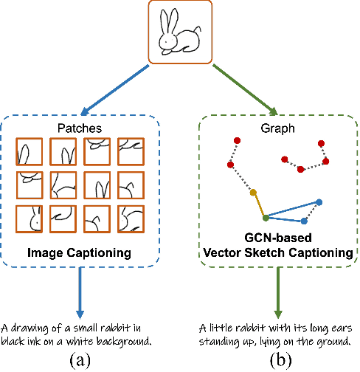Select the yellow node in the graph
253,193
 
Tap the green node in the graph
266,218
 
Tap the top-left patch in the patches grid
30,153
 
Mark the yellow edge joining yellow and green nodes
259,205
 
